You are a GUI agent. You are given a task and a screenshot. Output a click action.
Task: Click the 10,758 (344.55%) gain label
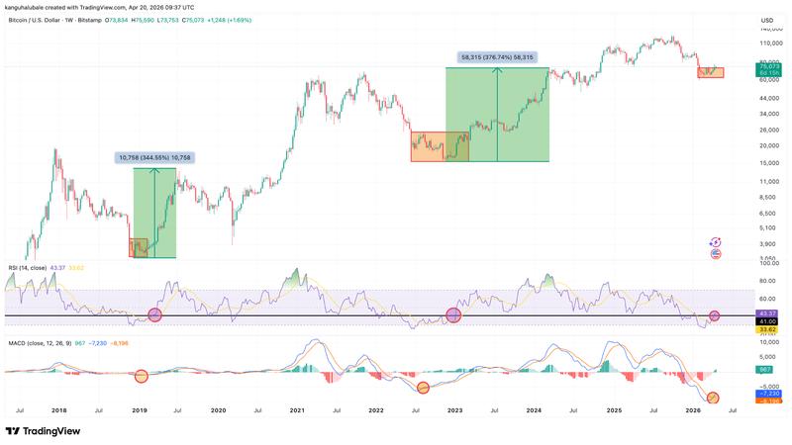pyautogui.click(x=154, y=157)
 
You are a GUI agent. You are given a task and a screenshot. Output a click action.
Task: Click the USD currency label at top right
pyautogui.click(x=766, y=21)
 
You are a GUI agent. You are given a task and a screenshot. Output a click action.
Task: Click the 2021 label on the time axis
pyautogui.click(x=296, y=409)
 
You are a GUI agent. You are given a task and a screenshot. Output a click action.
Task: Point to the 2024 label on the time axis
pyautogui.click(x=534, y=409)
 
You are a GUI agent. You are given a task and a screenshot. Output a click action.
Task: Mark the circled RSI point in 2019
pyautogui.click(x=154, y=314)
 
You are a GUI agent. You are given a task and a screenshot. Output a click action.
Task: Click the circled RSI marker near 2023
pyautogui.click(x=453, y=315)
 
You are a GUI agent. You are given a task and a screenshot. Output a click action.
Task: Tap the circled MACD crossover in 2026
pyautogui.click(x=713, y=399)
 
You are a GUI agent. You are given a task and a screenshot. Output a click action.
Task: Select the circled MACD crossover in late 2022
pyautogui.click(x=424, y=388)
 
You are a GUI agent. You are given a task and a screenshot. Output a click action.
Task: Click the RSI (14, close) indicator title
pyautogui.click(x=27, y=268)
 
